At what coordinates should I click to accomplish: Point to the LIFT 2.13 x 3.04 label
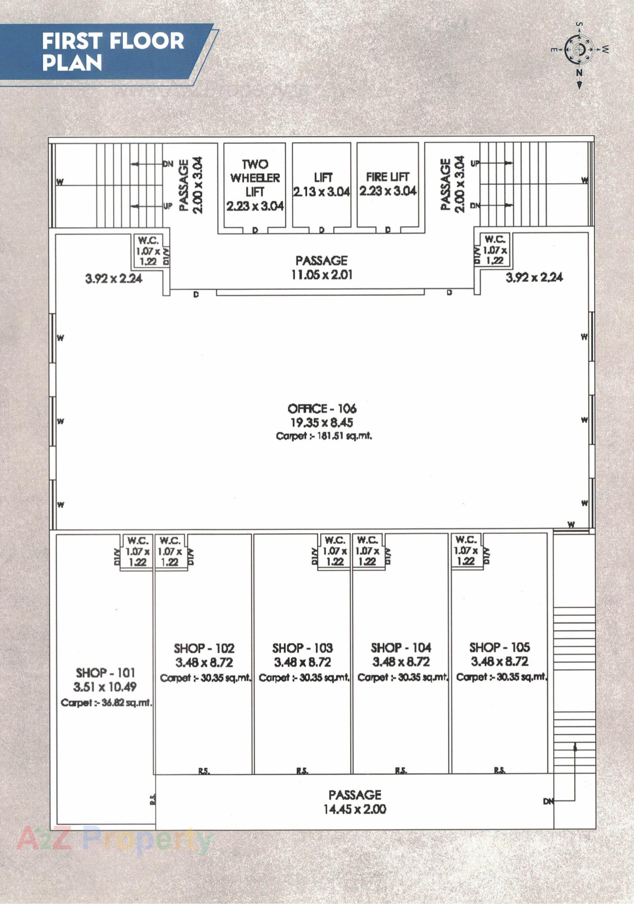click(x=321, y=185)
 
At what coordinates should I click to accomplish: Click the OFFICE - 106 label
click(x=322, y=408)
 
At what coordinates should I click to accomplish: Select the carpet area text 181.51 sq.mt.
click(x=324, y=436)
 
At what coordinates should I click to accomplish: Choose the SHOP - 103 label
click(x=302, y=648)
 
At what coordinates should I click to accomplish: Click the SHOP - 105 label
click(x=499, y=647)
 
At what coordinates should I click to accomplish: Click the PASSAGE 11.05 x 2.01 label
click(x=322, y=267)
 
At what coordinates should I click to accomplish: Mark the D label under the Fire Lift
click(x=388, y=230)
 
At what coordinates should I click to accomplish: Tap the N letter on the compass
click(x=579, y=72)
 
